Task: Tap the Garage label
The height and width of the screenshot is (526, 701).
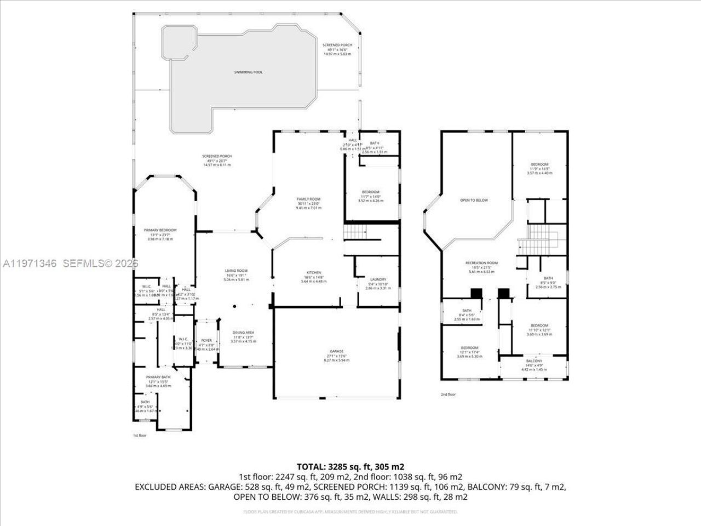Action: tap(336, 351)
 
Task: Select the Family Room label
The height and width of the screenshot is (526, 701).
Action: tap(308, 199)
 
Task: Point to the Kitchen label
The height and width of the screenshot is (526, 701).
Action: tap(313, 272)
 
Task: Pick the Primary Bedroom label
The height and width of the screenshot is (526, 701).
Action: tap(160, 230)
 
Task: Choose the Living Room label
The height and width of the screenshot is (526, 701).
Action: tap(236, 271)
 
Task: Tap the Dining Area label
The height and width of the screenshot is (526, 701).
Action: tap(244, 333)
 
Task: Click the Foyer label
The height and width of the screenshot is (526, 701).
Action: tap(206, 340)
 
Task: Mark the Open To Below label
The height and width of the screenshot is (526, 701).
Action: tap(474, 200)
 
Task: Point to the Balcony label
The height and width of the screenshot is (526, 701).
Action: tap(534, 361)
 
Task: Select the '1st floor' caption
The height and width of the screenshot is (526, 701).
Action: tap(140, 436)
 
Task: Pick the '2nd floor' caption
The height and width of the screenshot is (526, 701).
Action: tap(448, 395)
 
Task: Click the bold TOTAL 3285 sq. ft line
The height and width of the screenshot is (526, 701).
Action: tap(350, 467)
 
